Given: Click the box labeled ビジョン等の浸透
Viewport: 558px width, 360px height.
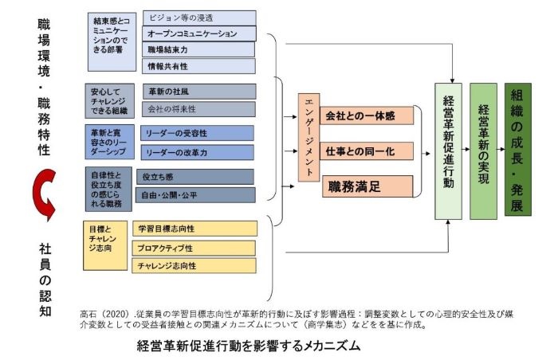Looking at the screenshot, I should click(199, 18).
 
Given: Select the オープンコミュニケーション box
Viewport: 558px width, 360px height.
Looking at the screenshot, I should click(199, 34).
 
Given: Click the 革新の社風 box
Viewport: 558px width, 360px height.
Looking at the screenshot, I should click(198, 92).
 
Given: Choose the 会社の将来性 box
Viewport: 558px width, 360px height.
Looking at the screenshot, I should click(198, 109).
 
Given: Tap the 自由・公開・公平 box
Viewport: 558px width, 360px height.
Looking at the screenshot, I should click(195, 194).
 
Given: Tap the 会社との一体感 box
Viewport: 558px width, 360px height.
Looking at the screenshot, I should click(368, 115).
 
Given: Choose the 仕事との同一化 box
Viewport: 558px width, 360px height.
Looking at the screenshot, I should click(368, 151).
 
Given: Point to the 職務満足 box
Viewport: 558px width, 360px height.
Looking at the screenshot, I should click(367, 186).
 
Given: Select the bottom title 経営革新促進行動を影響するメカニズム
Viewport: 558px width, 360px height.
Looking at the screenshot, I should click(249, 346).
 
